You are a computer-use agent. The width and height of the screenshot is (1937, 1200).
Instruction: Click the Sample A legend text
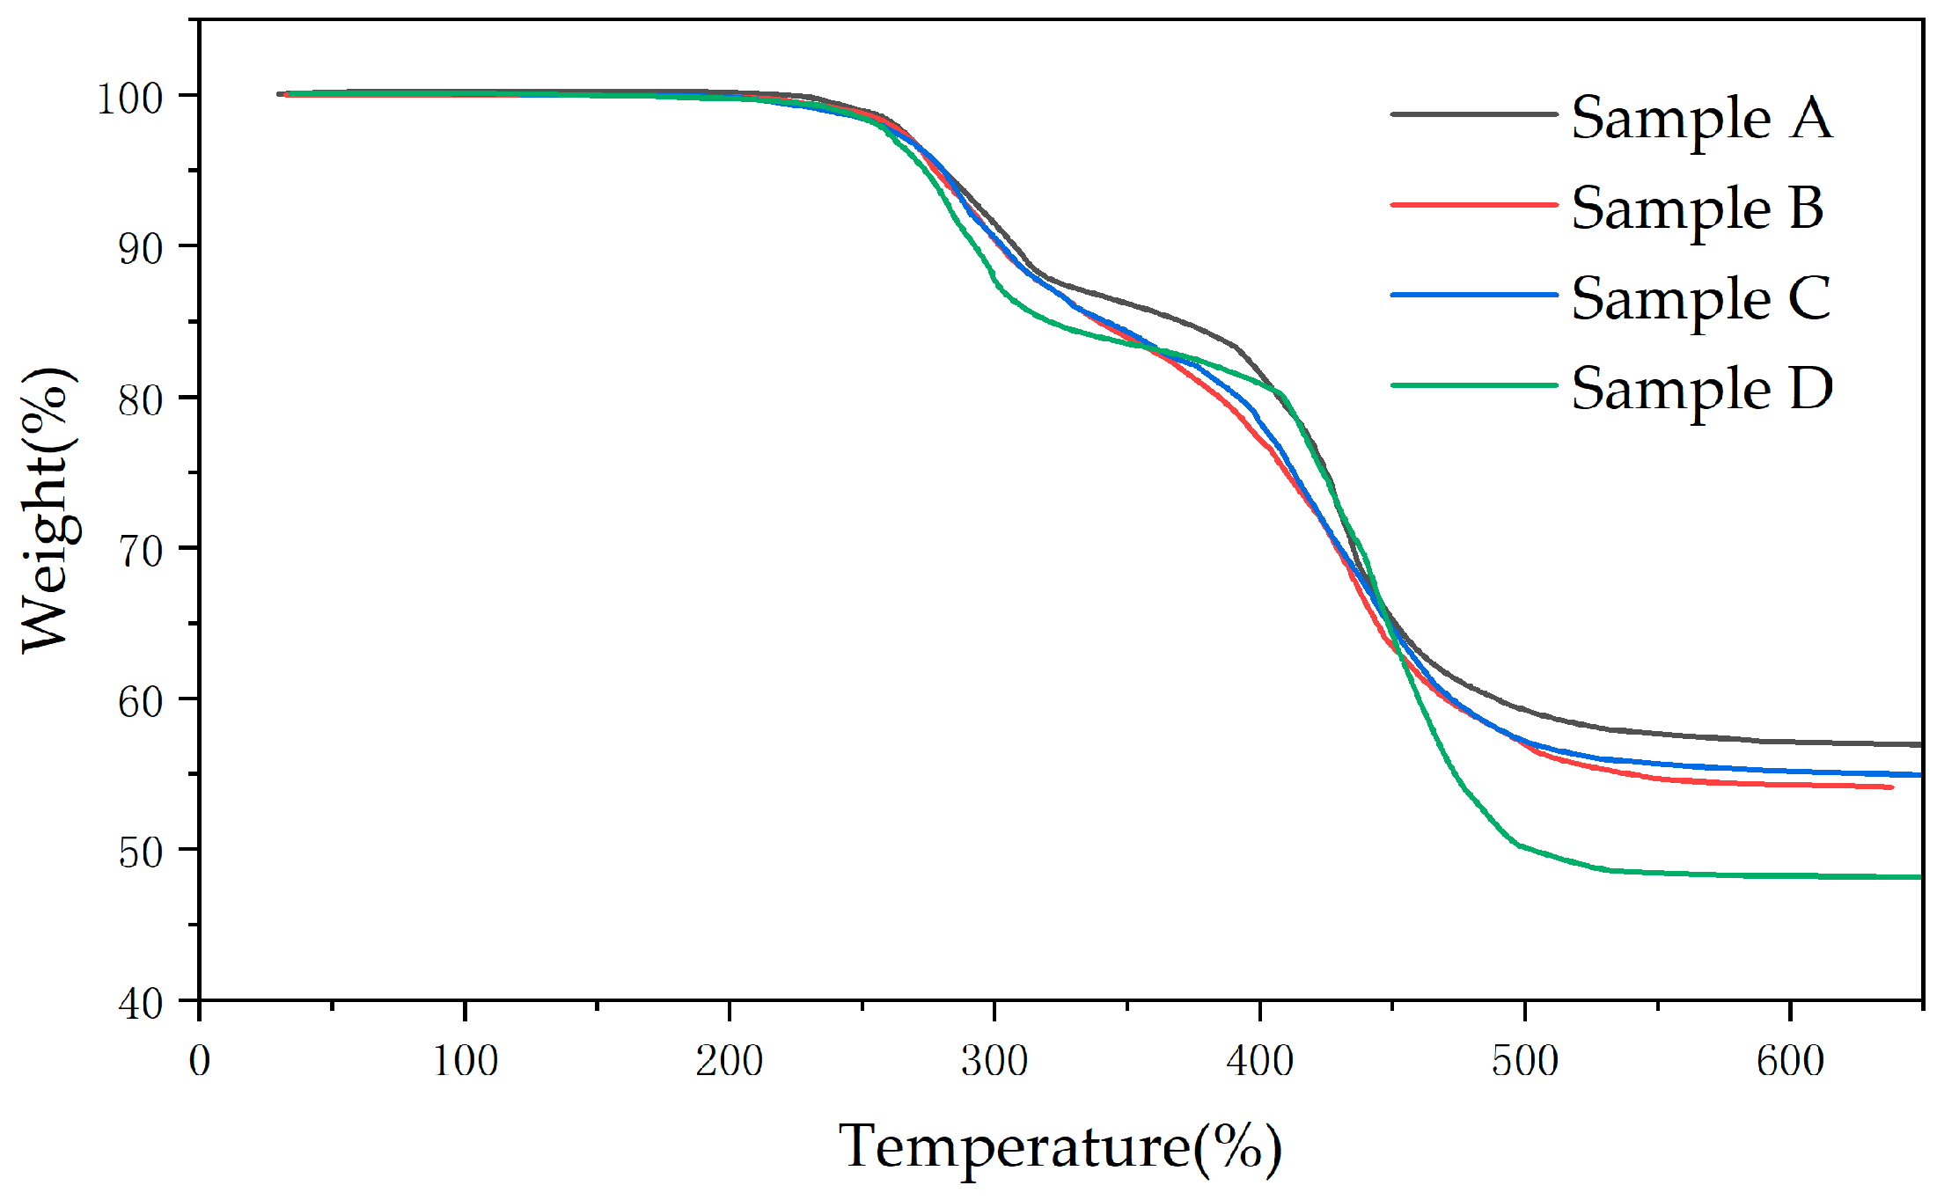pyautogui.click(x=1701, y=119)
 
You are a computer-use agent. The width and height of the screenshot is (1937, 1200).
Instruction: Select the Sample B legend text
pyautogui.click(x=1697, y=209)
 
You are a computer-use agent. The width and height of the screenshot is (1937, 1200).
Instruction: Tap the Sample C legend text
pyautogui.click(x=1700, y=299)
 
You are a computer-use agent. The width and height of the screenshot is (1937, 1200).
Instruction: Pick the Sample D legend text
pyautogui.click(x=1702, y=389)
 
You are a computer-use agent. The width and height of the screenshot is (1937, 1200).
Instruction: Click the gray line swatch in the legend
pyautogui.click(x=1474, y=114)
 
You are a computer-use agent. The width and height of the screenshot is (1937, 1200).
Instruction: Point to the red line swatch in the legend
pyautogui.click(x=1474, y=205)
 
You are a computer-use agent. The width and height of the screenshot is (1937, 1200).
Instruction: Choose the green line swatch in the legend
pyautogui.click(x=1474, y=385)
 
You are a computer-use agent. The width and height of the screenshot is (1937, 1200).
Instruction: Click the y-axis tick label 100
pyautogui.click(x=129, y=99)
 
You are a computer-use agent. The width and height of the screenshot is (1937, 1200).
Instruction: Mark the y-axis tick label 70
pyautogui.click(x=140, y=552)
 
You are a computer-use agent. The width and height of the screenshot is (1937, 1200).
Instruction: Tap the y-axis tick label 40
pyautogui.click(x=140, y=1003)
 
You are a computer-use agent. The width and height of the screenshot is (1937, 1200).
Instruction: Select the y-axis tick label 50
pyautogui.click(x=140, y=852)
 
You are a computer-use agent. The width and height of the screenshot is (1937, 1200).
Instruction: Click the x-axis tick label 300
pyautogui.click(x=994, y=1061)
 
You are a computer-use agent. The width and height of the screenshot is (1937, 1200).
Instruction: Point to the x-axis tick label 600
pyautogui.click(x=1790, y=1061)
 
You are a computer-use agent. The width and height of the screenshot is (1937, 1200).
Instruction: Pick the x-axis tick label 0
pyautogui.click(x=200, y=1061)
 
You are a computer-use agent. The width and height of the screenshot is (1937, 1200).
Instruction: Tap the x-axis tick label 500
pyautogui.click(x=1524, y=1061)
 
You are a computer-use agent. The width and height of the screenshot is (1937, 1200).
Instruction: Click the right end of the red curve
pyautogui.click(x=1889, y=787)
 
